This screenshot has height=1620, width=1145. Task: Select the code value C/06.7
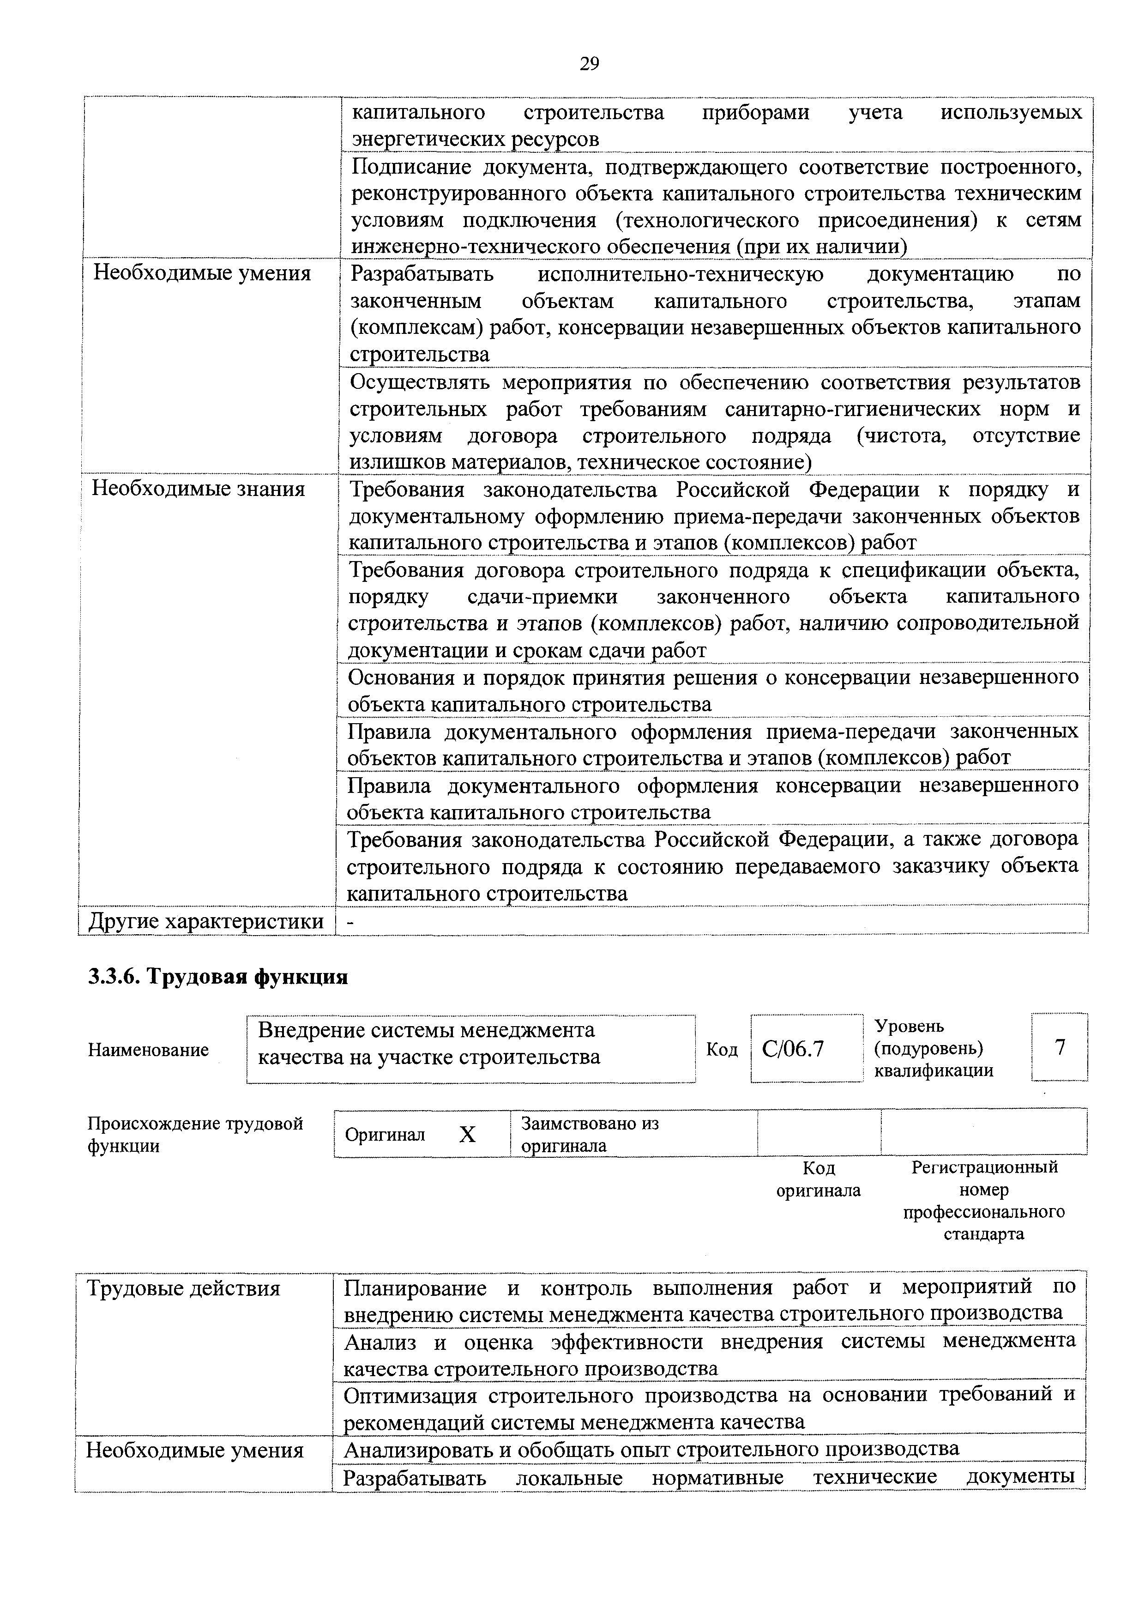793,1049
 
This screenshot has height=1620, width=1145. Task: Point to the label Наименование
148,1050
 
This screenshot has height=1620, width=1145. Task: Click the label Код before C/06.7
722,1050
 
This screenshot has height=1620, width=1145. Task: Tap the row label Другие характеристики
205,921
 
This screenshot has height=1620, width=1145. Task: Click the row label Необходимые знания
199,489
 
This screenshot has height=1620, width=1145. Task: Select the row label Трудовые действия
183,1288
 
